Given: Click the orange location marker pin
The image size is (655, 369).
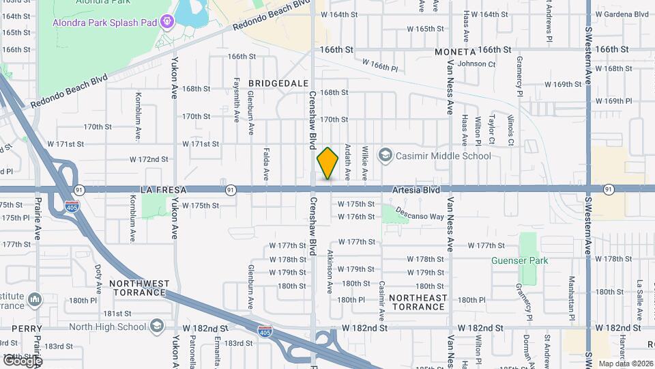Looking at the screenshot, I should [327, 164].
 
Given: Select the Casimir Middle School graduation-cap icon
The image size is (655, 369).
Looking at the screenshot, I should [385, 156].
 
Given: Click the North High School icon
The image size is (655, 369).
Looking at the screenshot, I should [158, 326].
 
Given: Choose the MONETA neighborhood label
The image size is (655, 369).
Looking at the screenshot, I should [455, 52].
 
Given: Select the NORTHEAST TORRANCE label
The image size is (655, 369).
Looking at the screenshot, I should [418, 302].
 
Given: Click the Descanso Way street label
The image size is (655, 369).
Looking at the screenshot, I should [422, 217].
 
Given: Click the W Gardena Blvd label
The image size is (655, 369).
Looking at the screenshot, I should [622, 14].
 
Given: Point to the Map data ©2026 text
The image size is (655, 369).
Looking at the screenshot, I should [625, 364].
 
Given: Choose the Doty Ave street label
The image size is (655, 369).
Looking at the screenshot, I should [98, 276].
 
